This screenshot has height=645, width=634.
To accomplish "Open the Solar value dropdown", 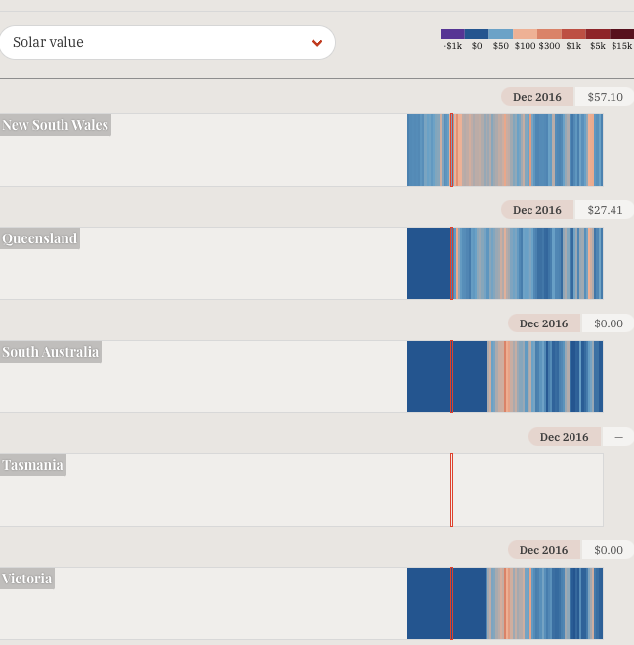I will [166, 43].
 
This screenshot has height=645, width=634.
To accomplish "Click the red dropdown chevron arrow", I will [317, 43].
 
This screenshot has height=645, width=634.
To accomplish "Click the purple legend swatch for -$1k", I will [452, 34].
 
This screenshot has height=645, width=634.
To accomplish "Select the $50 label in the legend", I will [501, 46].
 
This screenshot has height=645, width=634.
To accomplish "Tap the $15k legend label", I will [621, 46].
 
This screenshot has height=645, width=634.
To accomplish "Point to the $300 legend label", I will [549, 46].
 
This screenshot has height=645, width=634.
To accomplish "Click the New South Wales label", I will [56, 125].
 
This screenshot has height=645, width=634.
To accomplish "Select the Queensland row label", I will [40, 238].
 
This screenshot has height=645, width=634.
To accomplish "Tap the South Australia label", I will [51, 352].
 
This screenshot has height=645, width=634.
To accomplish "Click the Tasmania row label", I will [33, 465].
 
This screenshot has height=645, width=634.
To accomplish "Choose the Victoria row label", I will [27, 579].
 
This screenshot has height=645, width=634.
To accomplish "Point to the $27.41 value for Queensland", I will [605, 210].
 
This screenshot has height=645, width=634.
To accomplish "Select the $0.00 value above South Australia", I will [608, 323].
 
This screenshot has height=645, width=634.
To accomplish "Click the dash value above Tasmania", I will [618, 437].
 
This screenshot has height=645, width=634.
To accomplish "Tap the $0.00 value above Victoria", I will [608, 550].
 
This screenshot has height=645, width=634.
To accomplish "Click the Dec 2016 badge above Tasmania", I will [565, 437].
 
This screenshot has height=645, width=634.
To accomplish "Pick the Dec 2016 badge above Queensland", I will [537, 210].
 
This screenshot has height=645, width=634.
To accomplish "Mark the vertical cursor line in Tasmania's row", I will [451, 490].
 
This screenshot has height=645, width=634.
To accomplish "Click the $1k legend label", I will [573, 46].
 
